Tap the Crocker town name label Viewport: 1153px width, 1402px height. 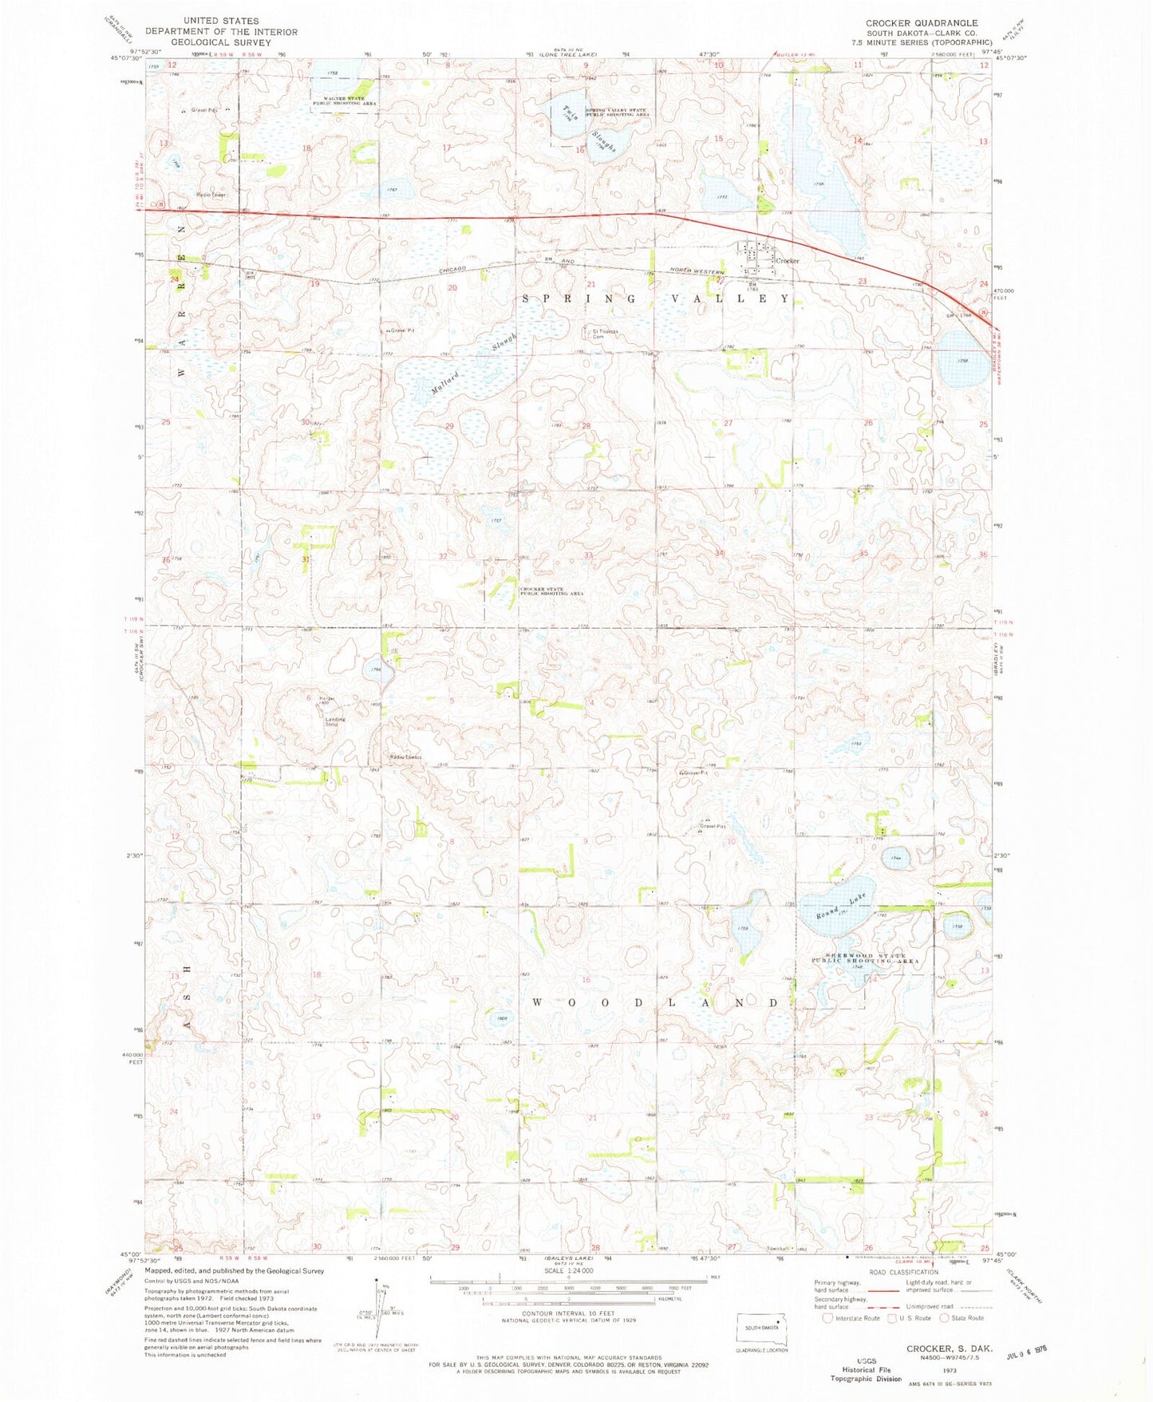click(788, 261)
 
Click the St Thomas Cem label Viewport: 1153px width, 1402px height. click(604, 334)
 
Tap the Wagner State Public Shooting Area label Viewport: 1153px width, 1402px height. click(344, 101)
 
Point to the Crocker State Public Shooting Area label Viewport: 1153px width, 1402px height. click(542, 591)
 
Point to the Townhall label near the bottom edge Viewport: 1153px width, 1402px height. click(778, 1249)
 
